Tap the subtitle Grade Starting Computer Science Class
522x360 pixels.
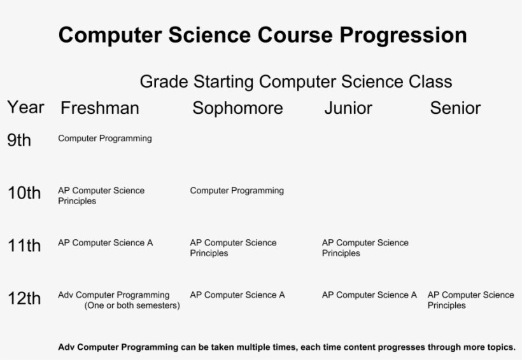click(295, 82)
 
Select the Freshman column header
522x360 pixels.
click(99, 109)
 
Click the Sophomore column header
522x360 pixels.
click(237, 109)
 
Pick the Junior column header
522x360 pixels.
click(348, 109)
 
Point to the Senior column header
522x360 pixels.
click(455, 109)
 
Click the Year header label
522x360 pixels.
click(25, 107)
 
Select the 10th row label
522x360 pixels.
click(24, 193)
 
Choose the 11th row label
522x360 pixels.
click(24, 246)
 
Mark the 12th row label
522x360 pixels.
click(24, 298)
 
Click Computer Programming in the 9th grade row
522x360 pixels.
click(104, 138)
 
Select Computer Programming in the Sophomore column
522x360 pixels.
click(237, 190)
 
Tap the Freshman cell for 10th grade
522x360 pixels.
click(101, 195)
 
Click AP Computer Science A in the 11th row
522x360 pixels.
click(105, 242)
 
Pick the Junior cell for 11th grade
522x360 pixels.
click(365, 247)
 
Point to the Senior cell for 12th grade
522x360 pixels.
click(470, 300)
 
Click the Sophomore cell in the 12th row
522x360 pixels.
click(237, 294)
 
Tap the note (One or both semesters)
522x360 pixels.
click(132, 306)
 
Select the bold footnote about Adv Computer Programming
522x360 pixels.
click(286, 347)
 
